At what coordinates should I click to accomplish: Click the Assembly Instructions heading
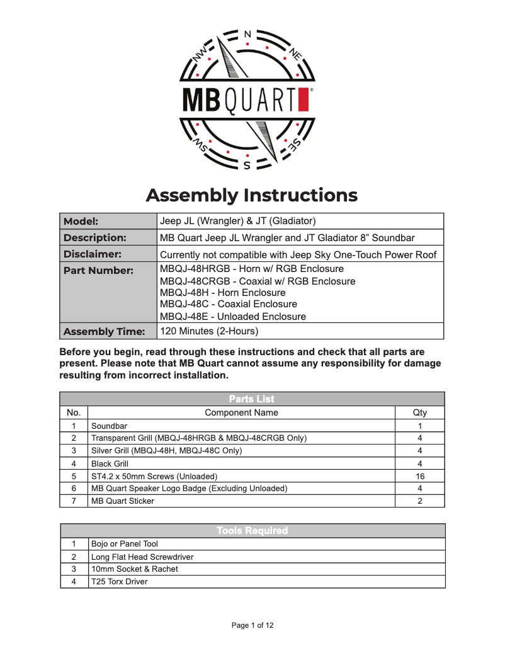[x=252, y=195]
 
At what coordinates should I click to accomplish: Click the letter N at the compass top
[x=247, y=33]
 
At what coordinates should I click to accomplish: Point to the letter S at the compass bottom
[x=247, y=166]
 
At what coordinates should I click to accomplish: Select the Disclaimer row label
[x=93, y=254]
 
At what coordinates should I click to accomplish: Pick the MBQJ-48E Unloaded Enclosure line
[x=232, y=316]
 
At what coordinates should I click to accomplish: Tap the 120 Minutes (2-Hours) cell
[x=209, y=331]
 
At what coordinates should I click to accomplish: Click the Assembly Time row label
[x=104, y=331]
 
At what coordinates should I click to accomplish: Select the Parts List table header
[x=252, y=399]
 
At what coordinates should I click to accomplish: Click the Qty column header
[x=420, y=412]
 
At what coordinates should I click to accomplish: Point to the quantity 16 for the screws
[x=420, y=476]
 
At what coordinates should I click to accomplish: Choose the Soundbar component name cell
[x=109, y=426]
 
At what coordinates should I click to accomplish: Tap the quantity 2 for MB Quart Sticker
[x=420, y=501]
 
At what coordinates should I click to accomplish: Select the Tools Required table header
[x=252, y=531]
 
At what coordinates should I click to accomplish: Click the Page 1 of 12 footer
[x=252, y=625]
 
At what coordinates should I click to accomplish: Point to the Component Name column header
[x=241, y=412]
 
